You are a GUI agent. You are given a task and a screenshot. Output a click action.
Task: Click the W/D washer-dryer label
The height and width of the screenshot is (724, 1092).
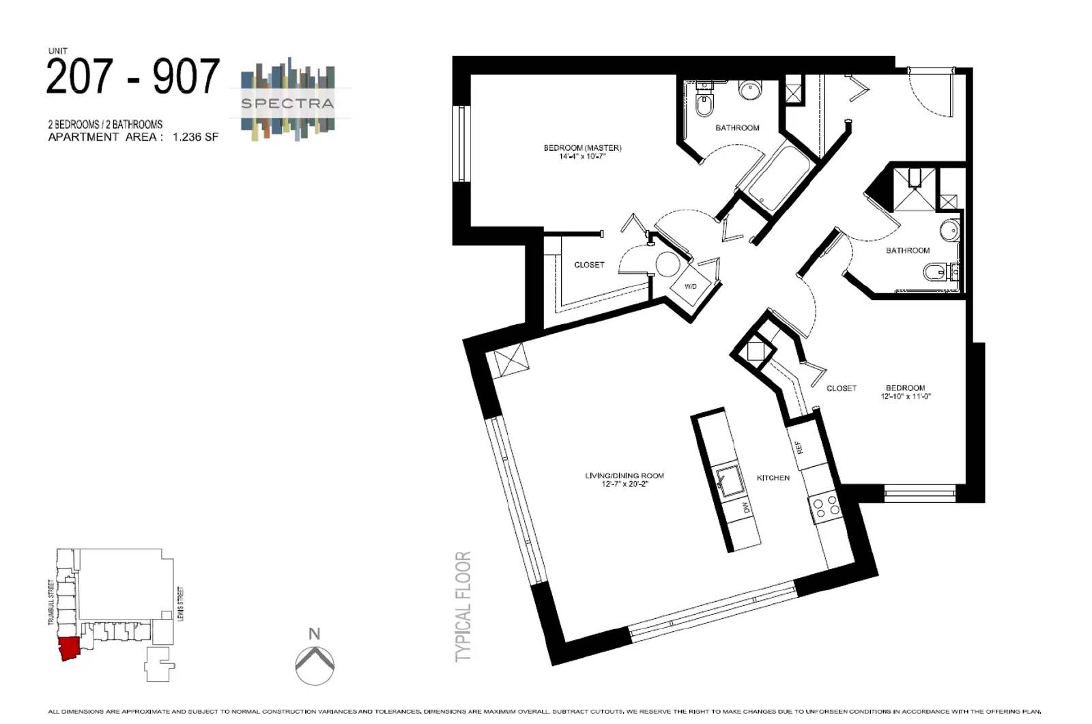coord(690,286)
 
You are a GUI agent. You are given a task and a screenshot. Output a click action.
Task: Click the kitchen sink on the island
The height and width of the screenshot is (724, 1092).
coord(730,481)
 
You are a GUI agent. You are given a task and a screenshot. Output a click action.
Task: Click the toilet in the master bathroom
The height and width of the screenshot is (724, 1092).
coord(704,104)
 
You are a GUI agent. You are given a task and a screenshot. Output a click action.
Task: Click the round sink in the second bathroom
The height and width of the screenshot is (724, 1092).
coord(949,231)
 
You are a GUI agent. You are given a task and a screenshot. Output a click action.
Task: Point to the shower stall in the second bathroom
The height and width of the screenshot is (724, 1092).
coord(914,190)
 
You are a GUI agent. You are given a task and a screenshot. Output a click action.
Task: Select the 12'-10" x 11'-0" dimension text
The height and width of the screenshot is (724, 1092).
coord(905,396)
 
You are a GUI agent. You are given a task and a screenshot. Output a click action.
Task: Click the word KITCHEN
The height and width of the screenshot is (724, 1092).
coord(773,478)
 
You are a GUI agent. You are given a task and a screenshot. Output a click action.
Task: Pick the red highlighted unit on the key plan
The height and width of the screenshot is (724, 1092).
coord(69,648)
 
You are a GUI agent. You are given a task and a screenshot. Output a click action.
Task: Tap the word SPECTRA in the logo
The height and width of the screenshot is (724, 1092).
coord(287,103)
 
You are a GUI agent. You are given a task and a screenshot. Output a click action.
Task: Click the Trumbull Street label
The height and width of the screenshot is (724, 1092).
coord(51,602)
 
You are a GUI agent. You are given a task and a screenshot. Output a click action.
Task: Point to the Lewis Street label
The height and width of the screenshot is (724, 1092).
coord(181,604)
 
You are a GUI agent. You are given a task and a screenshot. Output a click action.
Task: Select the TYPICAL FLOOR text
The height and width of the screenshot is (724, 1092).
coord(463,607)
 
